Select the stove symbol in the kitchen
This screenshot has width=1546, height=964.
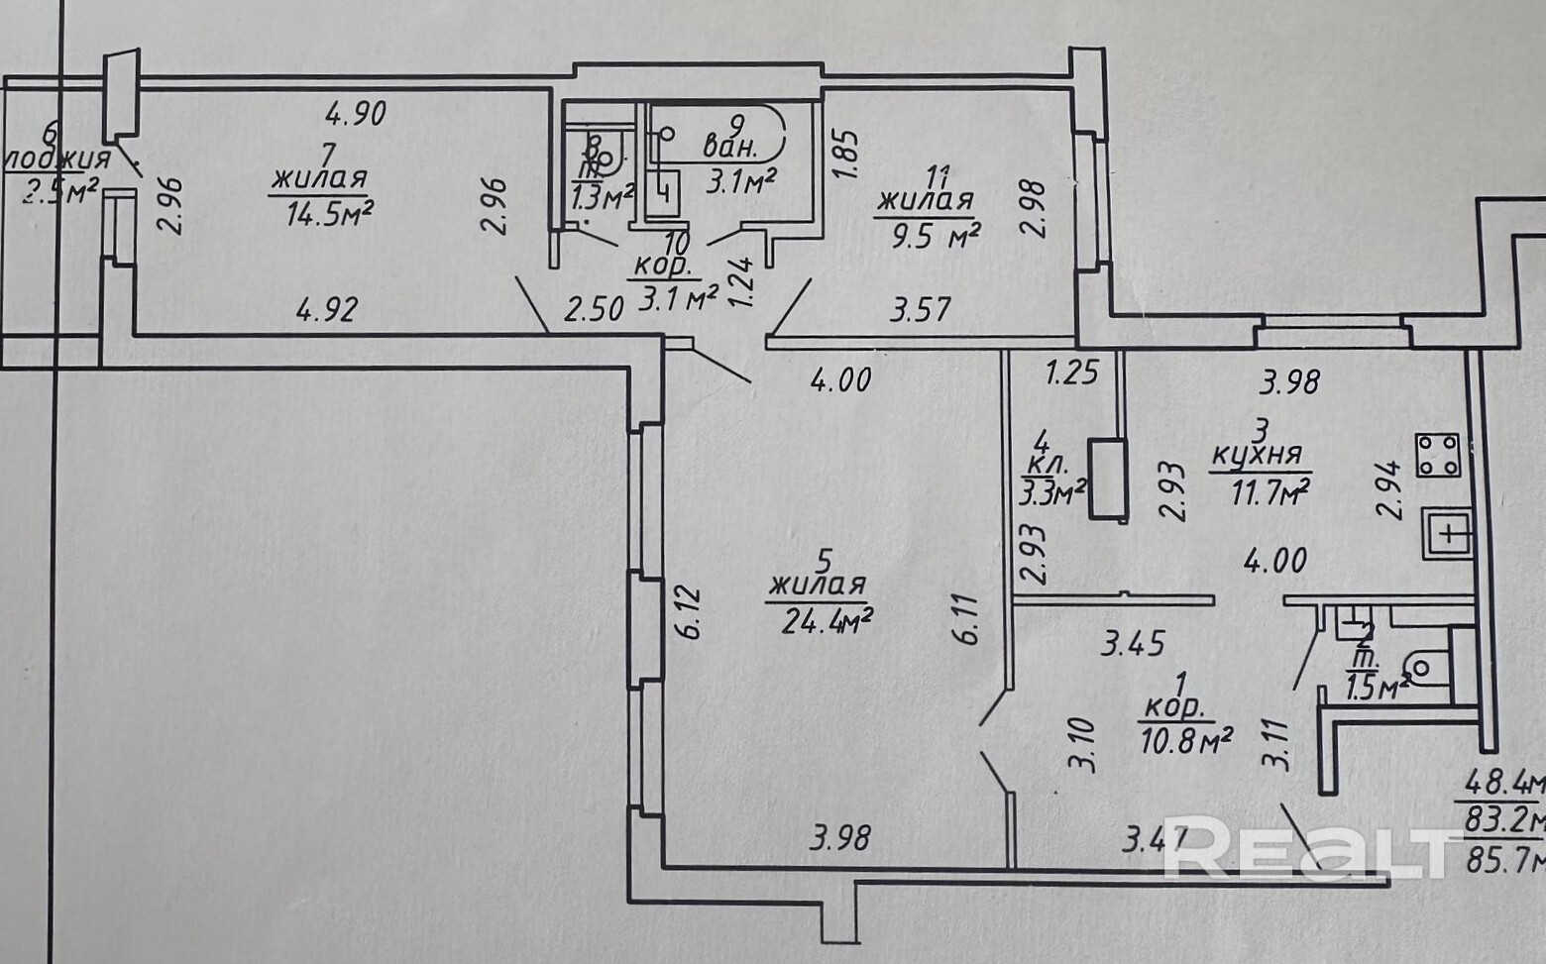click(1437, 456)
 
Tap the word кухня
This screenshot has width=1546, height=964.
click(1256, 457)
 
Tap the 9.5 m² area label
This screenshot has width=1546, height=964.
click(926, 235)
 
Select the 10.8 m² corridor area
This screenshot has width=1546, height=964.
click(1186, 738)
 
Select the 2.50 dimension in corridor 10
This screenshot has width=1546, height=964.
click(594, 309)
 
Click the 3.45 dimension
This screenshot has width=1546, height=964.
click(1135, 643)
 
